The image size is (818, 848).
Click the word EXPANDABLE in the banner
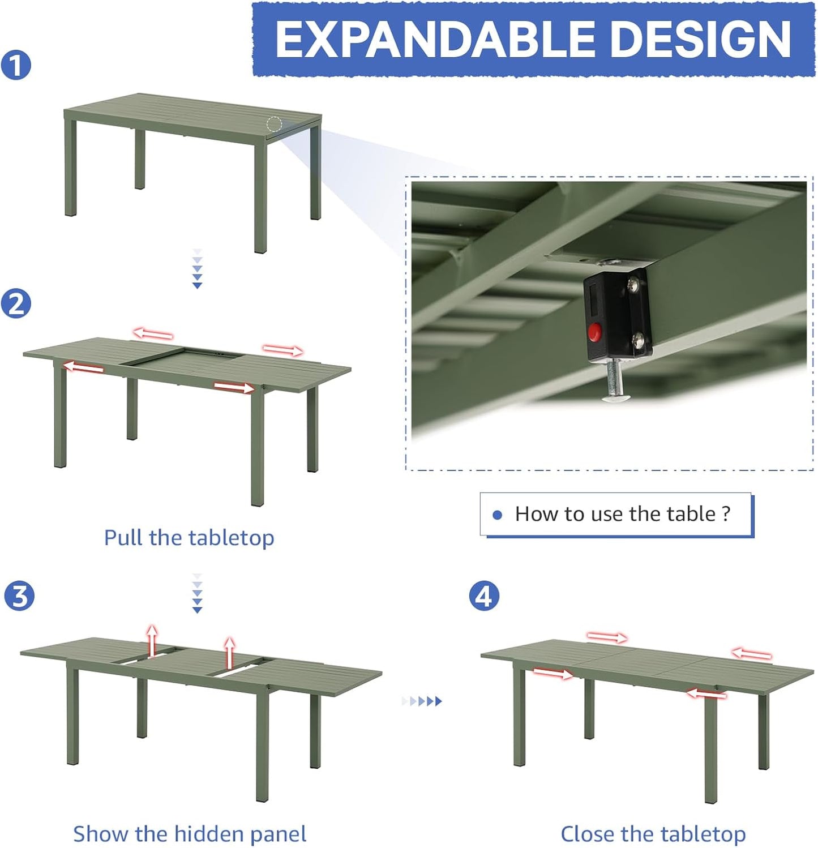(x=434, y=40)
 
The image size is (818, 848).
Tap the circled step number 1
(x=16, y=65)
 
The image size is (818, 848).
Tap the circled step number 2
(x=16, y=304)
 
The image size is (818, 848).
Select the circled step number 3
(x=19, y=596)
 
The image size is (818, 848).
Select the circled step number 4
(x=484, y=596)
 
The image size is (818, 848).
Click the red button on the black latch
(x=594, y=332)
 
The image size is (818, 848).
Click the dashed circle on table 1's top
(x=275, y=124)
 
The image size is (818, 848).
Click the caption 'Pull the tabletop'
(x=189, y=537)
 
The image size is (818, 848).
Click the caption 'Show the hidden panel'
(x=190, y=834)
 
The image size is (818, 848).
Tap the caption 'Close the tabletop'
(x=653, y=834)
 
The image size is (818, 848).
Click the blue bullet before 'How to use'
(x=498, y=515)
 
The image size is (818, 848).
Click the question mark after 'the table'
(x=726, y=513)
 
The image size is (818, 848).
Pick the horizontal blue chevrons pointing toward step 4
(x=422, y=701)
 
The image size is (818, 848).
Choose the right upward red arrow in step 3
(x=229, y=652)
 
